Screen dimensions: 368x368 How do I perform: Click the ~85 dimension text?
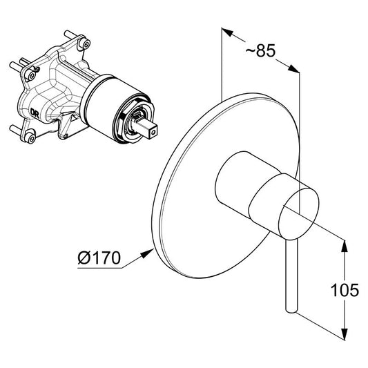[260, 50]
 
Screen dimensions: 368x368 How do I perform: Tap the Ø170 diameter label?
[99, 258]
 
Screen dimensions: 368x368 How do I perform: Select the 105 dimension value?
[345, 290]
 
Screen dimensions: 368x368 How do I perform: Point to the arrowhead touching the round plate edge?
[147, 253]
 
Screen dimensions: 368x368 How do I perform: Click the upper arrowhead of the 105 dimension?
[345, 246]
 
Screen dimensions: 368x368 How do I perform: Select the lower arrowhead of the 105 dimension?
[345, 333]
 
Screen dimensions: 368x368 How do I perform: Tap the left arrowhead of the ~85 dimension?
[228, 32]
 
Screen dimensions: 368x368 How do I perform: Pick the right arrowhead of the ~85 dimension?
[293, 68]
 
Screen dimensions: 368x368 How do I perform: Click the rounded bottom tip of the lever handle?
[291, 310]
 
